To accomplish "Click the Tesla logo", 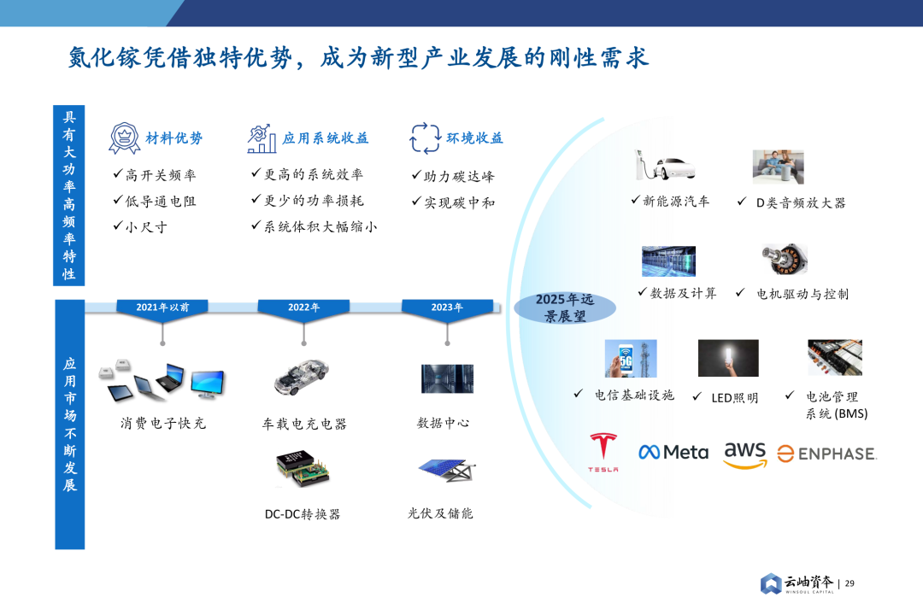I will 603,453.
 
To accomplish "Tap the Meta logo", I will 673,452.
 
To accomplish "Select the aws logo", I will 744,454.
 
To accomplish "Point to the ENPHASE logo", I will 826,454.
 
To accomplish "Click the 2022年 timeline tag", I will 303,307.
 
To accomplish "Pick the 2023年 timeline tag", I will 447,307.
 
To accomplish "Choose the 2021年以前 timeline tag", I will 162,307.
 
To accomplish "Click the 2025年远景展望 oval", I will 565,308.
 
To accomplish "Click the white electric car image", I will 664,167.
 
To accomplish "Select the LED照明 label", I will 734,397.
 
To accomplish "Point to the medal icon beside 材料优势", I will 124,138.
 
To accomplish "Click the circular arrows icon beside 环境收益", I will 425,138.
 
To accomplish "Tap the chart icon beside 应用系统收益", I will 262,138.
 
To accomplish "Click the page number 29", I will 850,583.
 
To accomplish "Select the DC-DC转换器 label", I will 303,514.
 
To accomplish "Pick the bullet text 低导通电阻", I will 161,202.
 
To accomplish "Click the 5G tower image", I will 631,358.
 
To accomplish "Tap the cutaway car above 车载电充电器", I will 302,377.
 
